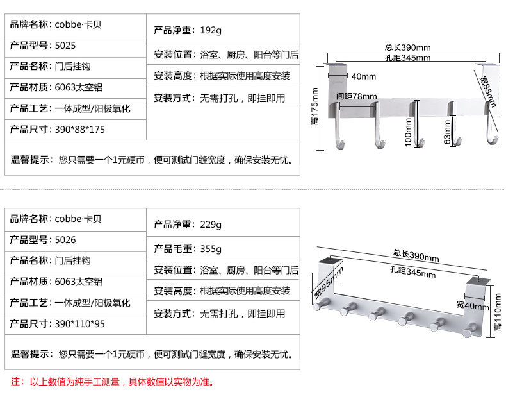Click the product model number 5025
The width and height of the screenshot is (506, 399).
pyautogui.click(x=66, y=46)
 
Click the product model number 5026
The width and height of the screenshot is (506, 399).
pyautogui.click(x=66, y=240)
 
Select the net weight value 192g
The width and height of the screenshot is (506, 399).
pyautogui.click(x=210, y=30)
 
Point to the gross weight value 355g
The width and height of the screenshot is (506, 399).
pyautogui.click(x=210, y=248)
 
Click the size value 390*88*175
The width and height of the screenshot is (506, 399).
pyautogui.click(x=79, y=129)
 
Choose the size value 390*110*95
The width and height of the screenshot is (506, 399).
pyautogui.click(x=79, y=323)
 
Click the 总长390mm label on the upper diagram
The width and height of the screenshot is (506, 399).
pyautogui.click(x=407, y=47)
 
